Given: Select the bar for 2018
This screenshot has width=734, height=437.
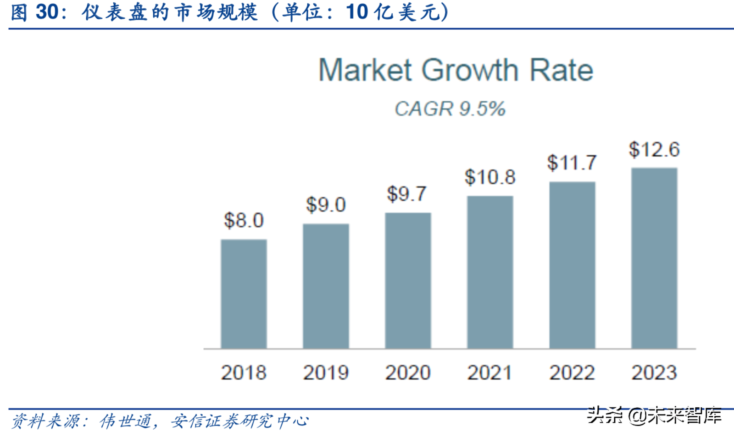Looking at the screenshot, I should pos(244,294).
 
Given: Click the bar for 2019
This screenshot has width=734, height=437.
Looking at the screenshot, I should pos(326,286).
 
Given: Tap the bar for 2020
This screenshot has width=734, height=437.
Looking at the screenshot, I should pos(408,280).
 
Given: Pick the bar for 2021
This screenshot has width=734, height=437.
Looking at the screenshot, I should pos(490,272).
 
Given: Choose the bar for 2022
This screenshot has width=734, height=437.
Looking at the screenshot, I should pos(572,265).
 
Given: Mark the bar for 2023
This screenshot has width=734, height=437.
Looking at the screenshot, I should pos(654,258).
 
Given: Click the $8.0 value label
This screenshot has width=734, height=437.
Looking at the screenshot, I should pos(244,220).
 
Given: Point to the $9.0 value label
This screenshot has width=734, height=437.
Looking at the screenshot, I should pos(326,204).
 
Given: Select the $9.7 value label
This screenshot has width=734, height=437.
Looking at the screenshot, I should pos(407,194).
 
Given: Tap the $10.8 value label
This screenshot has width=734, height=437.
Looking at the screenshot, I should pos(490,177).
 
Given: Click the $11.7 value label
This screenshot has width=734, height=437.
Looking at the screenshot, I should pos(572,163).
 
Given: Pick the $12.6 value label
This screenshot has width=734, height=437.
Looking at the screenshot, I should pos(654,149).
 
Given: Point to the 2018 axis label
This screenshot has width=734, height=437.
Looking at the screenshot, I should pos(244,372).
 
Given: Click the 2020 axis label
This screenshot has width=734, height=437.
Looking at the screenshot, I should pos(408,372).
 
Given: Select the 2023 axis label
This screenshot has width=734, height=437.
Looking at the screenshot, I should pos(654,372).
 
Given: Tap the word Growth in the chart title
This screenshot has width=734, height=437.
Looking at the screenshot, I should pos(470,71).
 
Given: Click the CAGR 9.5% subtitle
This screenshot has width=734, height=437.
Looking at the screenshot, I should pos(450,109).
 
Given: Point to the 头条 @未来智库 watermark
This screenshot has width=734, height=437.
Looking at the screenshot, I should pos(654,415).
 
